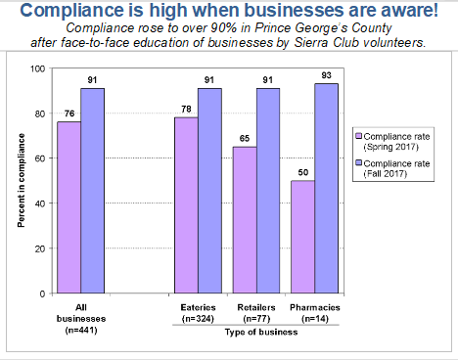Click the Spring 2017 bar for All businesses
(x=69, y=207)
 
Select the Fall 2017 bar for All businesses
(x=92, y=191)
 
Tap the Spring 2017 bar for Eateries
(x=186, y=205)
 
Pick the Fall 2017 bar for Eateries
(x=209, y=191)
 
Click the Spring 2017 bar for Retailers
(x=245, y=220)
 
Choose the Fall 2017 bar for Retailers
(x=268, y=191)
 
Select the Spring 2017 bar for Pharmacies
(x=303, y=237)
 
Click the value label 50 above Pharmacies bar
(x=303, y=172)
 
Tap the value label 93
(x=327, y=74)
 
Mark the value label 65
(x=245, y=138)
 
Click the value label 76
(x=69, y=113)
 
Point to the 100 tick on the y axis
(x=38, y=68)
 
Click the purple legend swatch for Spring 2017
(x=359, y=139)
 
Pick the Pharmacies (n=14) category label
(x=315, y=314)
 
